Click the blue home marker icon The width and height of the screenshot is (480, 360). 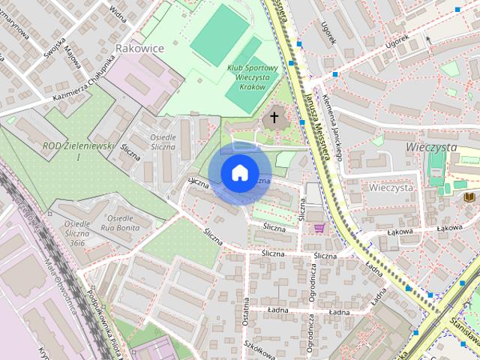(x=239, y=173)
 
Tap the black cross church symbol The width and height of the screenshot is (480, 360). (x=274, y=118)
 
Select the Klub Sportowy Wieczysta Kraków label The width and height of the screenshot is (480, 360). (x=253, y=77)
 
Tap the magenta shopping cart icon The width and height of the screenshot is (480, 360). (x=320, y=228)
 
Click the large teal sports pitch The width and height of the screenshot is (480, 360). (x=218, y=34)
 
